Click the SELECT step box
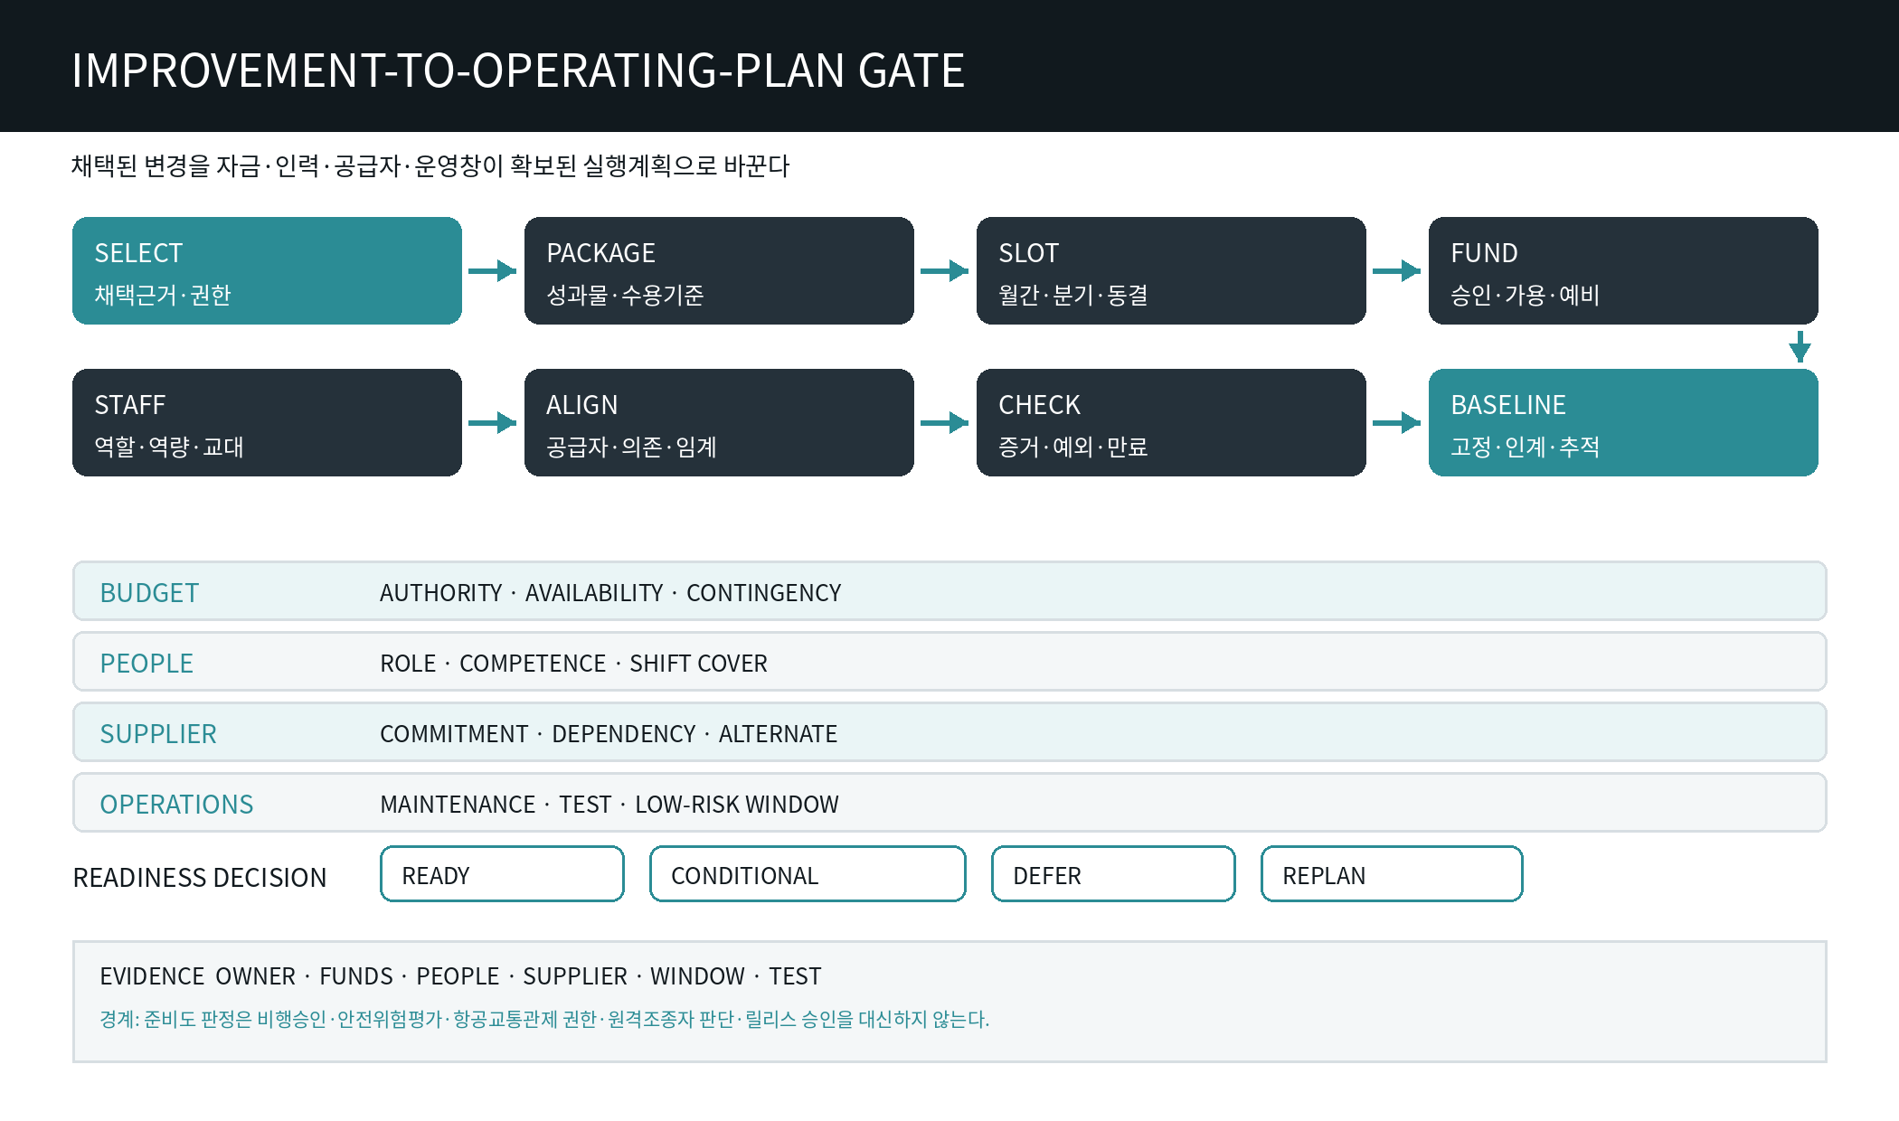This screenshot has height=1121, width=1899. [267, 270]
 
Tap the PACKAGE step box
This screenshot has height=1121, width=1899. [719, 270]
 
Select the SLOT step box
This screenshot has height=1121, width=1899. [1171, 270]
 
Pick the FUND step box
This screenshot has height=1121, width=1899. [1623, 270]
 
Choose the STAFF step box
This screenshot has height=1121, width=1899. [267, 422]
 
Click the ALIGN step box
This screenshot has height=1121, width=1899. [719, 422]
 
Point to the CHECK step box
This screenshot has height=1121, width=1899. [1171, 422]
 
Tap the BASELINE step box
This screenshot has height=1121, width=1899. [1623, 422]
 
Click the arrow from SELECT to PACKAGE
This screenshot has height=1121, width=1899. [493, 270]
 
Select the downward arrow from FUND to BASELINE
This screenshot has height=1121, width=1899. [1800, 346]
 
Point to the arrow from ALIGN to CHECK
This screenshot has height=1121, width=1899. [945, 422]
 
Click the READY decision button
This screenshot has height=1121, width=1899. [502, 874]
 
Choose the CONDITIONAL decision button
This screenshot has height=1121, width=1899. [808, 874]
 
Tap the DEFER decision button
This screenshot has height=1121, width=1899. [1113, 874]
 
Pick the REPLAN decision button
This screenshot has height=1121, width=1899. [1392, 874]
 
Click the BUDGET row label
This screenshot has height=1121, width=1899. [149, 593]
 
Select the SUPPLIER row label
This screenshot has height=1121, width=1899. [158, 734]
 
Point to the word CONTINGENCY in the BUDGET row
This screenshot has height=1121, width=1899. [764, 593]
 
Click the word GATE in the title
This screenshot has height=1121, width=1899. [911, 71]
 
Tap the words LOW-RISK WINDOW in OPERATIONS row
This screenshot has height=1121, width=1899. [737, 805]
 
